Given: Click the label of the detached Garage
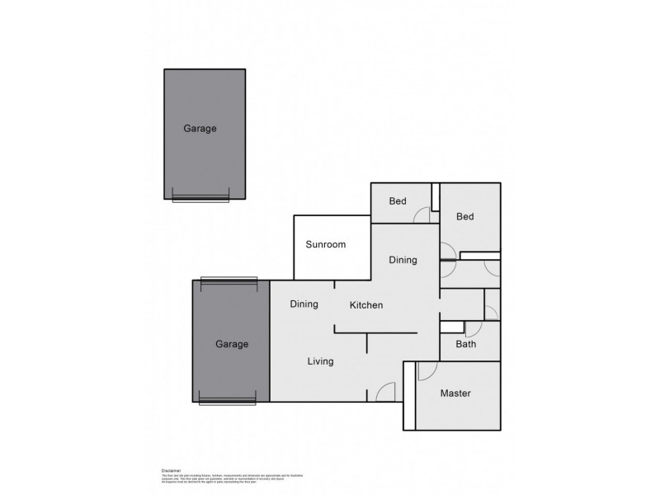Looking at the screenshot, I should coord(200,129).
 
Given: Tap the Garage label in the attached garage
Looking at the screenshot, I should coord(231,344).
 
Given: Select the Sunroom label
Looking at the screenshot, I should coord(325,244).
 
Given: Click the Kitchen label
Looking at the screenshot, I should coord(366,305).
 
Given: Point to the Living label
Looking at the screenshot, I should coord(320,361).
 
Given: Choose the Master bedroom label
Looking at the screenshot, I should coord(455,394).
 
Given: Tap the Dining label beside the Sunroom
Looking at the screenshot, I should coord(403,260).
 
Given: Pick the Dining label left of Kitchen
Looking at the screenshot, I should coord(304,304).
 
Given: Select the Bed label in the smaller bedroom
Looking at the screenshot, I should coord(398,201).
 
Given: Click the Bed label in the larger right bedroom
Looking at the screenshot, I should coord(464,217).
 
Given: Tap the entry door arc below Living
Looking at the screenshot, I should coord(384,394).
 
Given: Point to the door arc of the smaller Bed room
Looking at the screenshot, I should coord(422,214).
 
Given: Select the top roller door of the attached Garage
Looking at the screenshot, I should coord(229,280).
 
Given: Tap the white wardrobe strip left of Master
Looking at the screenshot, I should coord(408,396).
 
